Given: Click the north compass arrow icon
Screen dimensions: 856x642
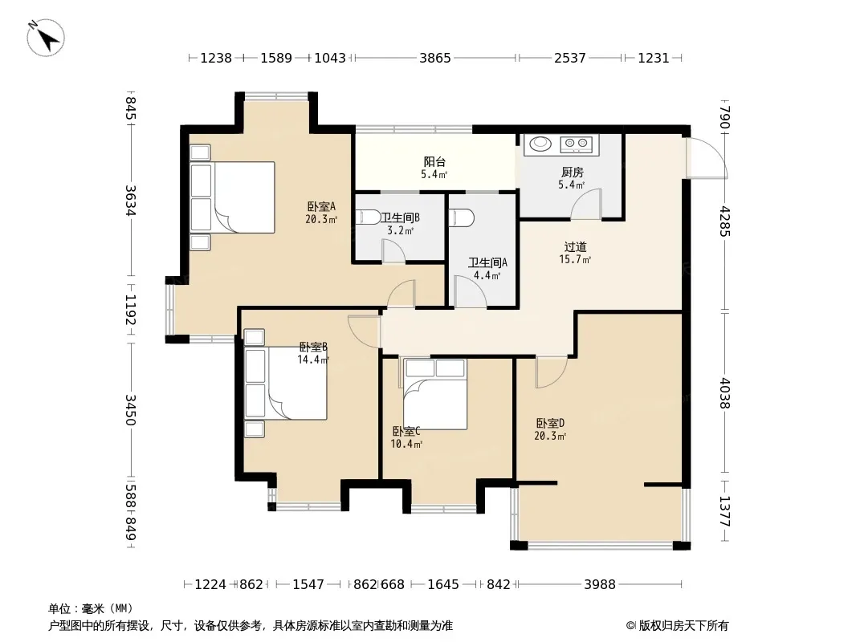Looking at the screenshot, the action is pyautogui.click(x=46, y=37).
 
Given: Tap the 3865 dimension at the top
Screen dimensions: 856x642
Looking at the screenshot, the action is pyautogui.click(x=435, y=58).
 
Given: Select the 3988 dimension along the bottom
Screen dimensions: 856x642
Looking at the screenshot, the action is pyautogui.click(x=599, y=584).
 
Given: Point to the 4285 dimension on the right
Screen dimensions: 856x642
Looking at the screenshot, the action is pyautogui.click(x=725, y=221).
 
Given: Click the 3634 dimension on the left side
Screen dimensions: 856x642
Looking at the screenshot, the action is pyautogui.click(x=130, y=201).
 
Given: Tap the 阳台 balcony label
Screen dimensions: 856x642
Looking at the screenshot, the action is pyautogui.click(x=434, y=161).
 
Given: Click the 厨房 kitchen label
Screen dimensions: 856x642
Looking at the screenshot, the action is pyautogui.click(x=572, y=173).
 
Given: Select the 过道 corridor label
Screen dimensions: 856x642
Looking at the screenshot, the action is pyautogui.click(x=576, y=246).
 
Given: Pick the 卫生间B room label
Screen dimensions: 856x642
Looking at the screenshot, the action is pyautogui.click(x=400, y=217).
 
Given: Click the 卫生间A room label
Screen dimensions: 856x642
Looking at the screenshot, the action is pyautogui.click(x=487, y=262).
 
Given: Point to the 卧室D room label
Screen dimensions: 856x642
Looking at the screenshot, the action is pyautogui.click(x=550, y=423).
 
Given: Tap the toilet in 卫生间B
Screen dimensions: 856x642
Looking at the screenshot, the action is pyautogui.click(x=369, y=217).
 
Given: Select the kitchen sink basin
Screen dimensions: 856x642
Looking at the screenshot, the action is pyautogui.click(x=540, y=144).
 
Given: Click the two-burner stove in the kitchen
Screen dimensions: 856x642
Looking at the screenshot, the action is pyautogui.click(x=577, y=144).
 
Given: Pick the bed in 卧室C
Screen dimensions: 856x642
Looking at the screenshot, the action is pyautogui.click(x=435, y=394).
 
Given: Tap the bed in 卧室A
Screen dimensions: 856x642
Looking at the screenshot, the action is pyautogui.click(x=232, y=197).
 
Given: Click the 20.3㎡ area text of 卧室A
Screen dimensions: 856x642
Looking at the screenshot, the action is pyautogui.click(x=321, y=219).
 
